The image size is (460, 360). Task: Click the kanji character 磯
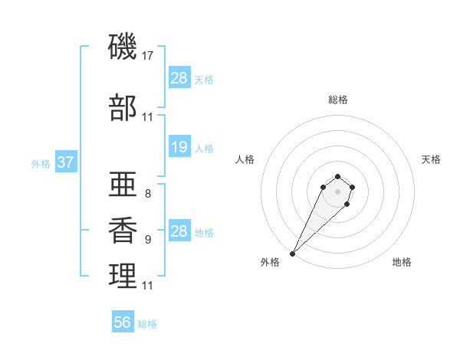pyautogui.click(x=123, y=48)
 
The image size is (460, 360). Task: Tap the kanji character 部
pyautogui.click(x=123, y=108)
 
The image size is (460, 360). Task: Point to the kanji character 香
pyautogui.click(x=123, y=231)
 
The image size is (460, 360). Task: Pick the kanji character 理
pyautogui.click(x=123, y=277)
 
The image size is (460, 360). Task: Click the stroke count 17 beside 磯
pyautogui.click(x=149, y=56)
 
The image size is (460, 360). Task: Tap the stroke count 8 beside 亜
pyautogui.click(x=147, y=194)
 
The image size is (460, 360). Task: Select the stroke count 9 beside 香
pyautogui.click(x=147, y=240)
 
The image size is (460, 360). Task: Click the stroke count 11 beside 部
pyautogui.click(x=148, y=117)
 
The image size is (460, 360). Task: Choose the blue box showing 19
pyautogui.click(x=179, y=147)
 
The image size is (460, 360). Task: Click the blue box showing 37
pyautogui.click(x=65, y=162)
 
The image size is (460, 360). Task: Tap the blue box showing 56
pyautogui.click(x=122, y=322)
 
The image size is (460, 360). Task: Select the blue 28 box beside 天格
pyautogui.click(x=179, y=78)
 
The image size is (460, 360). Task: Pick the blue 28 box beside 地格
pyautogui.click(x=179, y=231)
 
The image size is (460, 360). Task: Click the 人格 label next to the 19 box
pyautogui.click(x=204, y=148)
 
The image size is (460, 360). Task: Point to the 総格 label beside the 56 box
pyautogui.click(x=147, y=324)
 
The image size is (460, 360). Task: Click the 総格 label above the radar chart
pyautogui.click(x=337, y=100)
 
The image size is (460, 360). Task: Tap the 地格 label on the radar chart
pyautogui.click(x=402, y=262)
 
